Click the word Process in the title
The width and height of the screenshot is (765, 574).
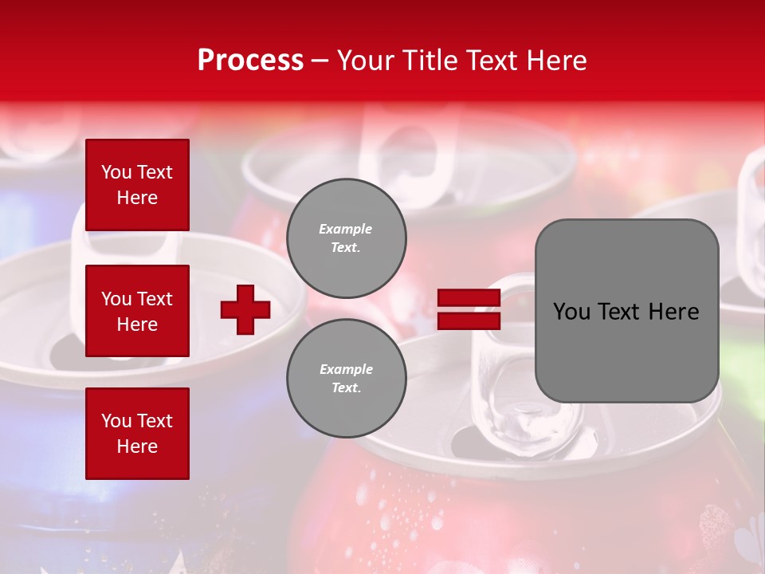click(x=250, y=61)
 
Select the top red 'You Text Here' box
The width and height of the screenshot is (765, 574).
click(x=137, y=185)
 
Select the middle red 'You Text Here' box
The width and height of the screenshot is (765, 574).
click(x=137, y=311)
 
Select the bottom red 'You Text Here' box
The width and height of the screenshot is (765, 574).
click(x=137, y=434)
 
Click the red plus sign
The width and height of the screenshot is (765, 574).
click(x=245, y=309)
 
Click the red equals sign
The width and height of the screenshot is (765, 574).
click(x=469, y=309)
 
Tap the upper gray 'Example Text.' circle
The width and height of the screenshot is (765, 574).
click(x=347, y=238)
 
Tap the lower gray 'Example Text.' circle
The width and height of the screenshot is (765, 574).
click(x=347, y=379)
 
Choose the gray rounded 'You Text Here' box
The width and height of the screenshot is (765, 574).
click(x=626, y=311)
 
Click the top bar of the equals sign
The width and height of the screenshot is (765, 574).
click(x=469, y=298)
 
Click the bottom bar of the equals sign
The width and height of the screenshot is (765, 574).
click(x=469, y=320)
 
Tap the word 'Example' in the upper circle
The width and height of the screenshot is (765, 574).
click(x=346, y=229)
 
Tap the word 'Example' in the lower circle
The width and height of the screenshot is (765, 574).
click(x=346, y=369)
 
